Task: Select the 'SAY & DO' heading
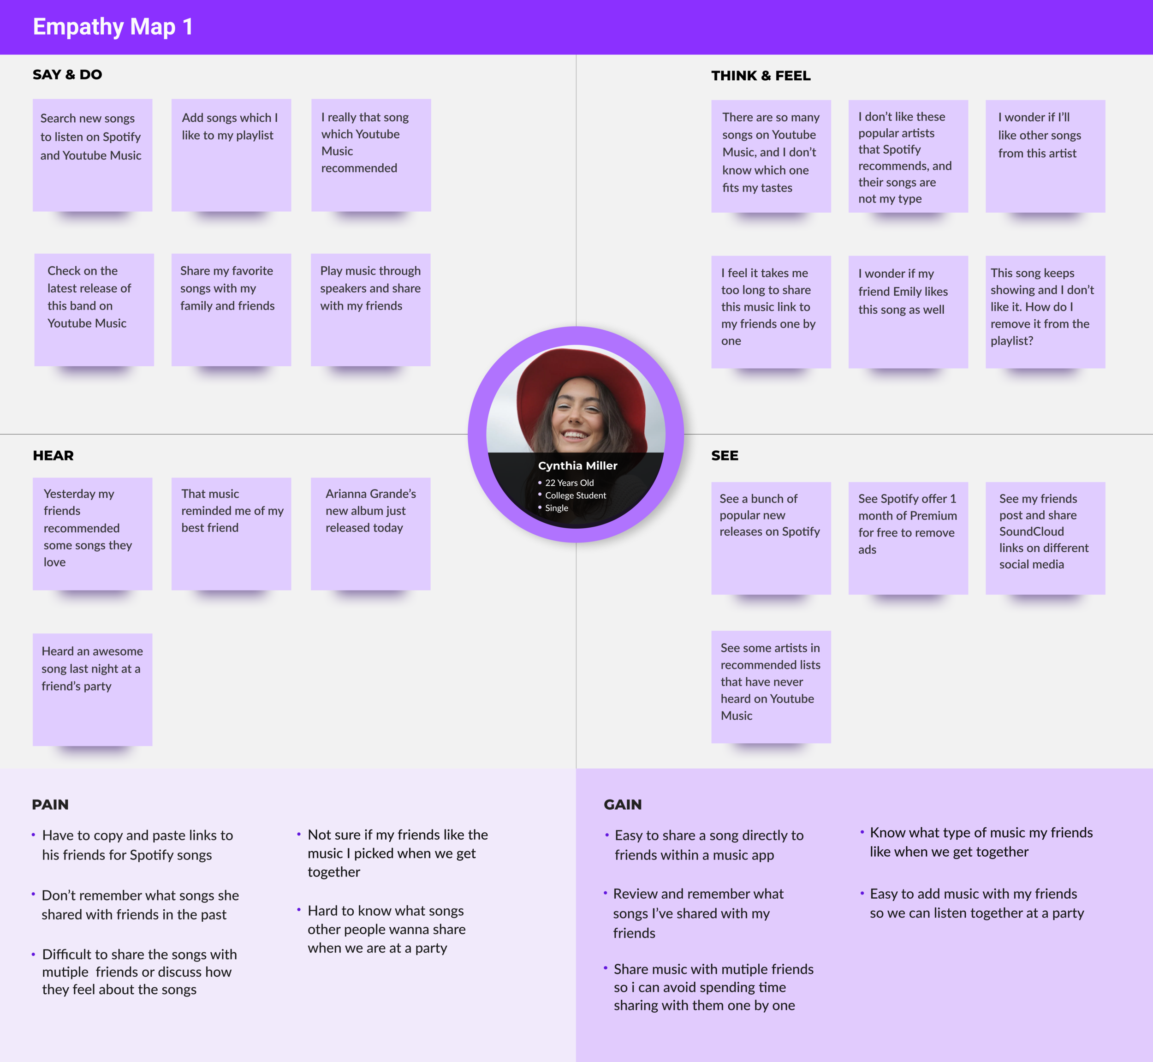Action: (67, 75)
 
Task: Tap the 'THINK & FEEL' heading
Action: (761, 76)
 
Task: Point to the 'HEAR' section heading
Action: (53, 456)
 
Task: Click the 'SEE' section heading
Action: (725, 456)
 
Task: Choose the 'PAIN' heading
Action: (50, 805)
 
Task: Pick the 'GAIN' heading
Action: (622, 805)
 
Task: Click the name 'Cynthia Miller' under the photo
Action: (577, 465)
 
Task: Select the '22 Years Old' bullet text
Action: (569, 483)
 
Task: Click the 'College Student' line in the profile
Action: (575, 495)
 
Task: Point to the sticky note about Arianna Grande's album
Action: (370, 533)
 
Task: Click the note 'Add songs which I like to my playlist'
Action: (231, 155)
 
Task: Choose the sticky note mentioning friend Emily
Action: (908, 311)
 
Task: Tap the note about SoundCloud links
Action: (1045, 538)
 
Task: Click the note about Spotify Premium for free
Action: (908, 538)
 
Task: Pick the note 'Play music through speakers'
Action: (370, 309)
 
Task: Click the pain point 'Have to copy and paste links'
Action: (137, 845)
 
